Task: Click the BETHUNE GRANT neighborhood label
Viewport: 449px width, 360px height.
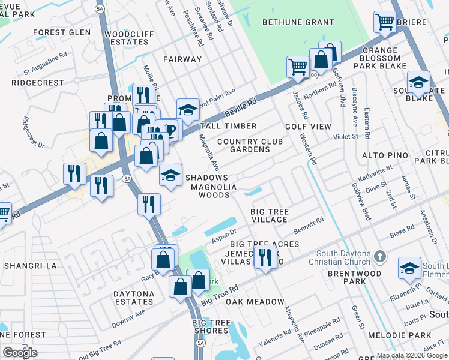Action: pyautogui.click(x=298, y=22)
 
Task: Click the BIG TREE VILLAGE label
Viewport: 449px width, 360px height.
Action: pyautogui.click(x=270, y=216)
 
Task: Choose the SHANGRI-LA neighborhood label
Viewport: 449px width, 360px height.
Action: pyautogui.click(x=29, y=265)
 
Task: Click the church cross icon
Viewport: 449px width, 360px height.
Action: pyautogui.click(x=379, y=257)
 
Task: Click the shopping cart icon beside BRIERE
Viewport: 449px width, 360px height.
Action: pyautogui.click(x=385, y=22)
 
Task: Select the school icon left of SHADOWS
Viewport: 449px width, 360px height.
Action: pyautogui.click(x=170, y=176)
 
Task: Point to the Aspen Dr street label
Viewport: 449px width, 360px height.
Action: pyautogui.click(x=224, y=236)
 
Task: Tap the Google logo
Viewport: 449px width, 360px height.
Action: pyautogui.click(x=20, y=352)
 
